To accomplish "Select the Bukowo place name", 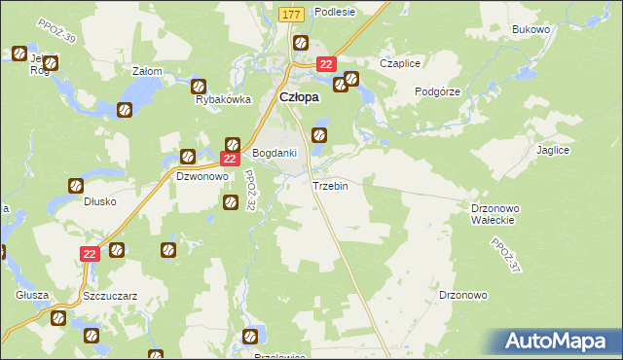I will click(x=531, y=30).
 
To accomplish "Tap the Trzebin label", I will click(x=329, y=186).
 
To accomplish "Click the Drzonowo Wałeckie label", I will click(x=497, y=214).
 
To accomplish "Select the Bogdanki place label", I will click(x=275, y=154).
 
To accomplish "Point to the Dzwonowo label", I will click(x=201, y=177).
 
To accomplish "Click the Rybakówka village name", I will click(x=224, y=99).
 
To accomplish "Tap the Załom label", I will click(x=147, y=71).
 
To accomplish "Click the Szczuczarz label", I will click(x=108, y=294).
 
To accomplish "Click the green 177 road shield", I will click(x=291, y=15).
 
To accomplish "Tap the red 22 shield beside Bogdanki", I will click(x=230, y=159).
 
